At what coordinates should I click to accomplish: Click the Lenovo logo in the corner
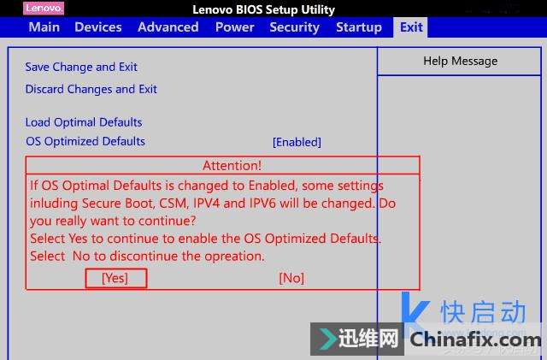click(x=44, y=9)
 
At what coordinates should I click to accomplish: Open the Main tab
click(x=44, y=27)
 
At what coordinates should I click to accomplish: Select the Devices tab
click(x=98, y=27)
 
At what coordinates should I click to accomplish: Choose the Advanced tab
click(x=168, y=27)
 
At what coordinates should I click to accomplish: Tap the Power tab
click(x=234, y=27)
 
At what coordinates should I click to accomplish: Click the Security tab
click(x=294, y=27)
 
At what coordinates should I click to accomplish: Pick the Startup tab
click(x=359, y=27)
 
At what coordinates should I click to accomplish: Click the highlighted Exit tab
click(x=411, y=27)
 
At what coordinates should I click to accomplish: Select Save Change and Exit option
click(x=81, y=67)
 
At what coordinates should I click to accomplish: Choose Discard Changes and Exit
click(x=91, y=89)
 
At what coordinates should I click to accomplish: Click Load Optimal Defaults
click(x=84, y=122)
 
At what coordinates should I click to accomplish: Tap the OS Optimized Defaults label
click(x=85, y=141)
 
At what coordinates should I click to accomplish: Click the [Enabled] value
click(x=297, y=142)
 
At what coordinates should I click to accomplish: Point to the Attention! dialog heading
click(x=232, y=166)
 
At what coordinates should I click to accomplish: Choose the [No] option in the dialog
click(x=291, y=278)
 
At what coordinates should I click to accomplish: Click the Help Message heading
click(x=461, y=61)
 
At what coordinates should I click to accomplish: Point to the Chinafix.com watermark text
click(x=476, y=339)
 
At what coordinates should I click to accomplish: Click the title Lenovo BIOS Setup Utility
click(x=264, y=9)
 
